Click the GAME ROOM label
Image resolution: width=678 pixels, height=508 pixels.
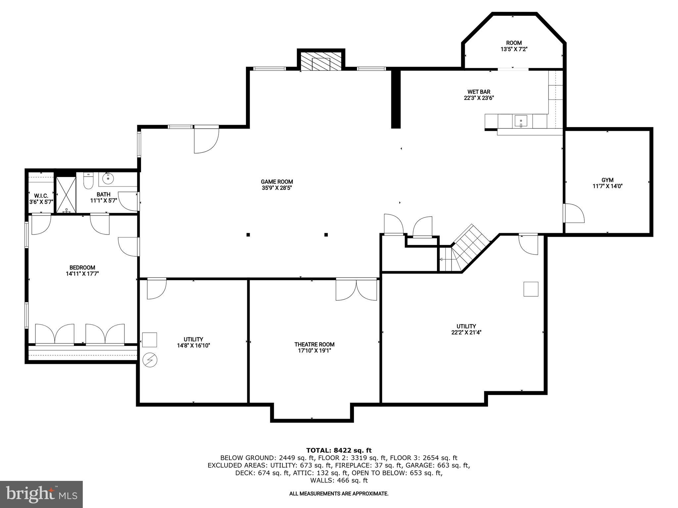[277, 182]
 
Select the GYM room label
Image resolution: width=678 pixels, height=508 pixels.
[607, 180]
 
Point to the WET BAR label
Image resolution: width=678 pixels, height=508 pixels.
[479, 92]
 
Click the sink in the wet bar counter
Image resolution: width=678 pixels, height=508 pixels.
[521, 121]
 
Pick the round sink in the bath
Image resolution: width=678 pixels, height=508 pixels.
[108, 179]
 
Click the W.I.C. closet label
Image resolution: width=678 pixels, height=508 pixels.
[41, 196]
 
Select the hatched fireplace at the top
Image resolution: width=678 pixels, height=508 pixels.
[321, 61]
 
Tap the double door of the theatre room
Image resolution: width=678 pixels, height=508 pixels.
[356, 289]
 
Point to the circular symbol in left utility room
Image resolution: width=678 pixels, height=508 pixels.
[150, 360]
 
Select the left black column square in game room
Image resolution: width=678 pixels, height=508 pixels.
[248, 235]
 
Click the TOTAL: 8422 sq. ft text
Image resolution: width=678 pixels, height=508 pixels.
[339, 450]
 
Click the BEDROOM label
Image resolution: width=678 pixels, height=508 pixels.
[82, 268]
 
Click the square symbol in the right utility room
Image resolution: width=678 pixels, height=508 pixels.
[531, 289]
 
